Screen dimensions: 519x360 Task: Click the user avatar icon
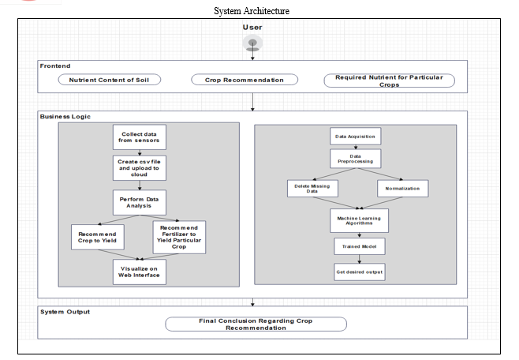[252, 43]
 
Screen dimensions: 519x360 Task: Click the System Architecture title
[252, 11]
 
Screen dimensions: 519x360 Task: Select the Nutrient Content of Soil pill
[109, 80]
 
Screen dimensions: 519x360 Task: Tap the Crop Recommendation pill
[245, 80]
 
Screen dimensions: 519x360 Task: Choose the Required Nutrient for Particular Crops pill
[390, 81]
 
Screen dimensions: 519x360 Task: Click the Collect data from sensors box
[140, 137]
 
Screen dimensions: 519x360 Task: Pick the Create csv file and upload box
[140, 168]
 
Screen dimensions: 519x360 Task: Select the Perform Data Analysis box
[140, 202]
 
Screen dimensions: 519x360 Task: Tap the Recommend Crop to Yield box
[98, 237]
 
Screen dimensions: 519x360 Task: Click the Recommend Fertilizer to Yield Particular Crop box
[179, 237]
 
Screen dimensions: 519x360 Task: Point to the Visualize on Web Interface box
[140, 272]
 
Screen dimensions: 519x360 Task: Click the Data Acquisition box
[355, 136]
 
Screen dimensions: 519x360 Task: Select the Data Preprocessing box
[355, 159]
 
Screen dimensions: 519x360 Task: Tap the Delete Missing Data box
[312, 189]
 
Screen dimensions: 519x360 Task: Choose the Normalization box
[402, 189]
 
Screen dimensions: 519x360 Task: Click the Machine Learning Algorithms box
[359, 220]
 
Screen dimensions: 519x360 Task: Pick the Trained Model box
[359, 246]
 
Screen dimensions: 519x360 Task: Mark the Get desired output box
[359, 272]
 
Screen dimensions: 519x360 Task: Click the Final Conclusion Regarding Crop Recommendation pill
[256, 324]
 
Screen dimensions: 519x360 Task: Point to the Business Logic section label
[65, 117]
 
